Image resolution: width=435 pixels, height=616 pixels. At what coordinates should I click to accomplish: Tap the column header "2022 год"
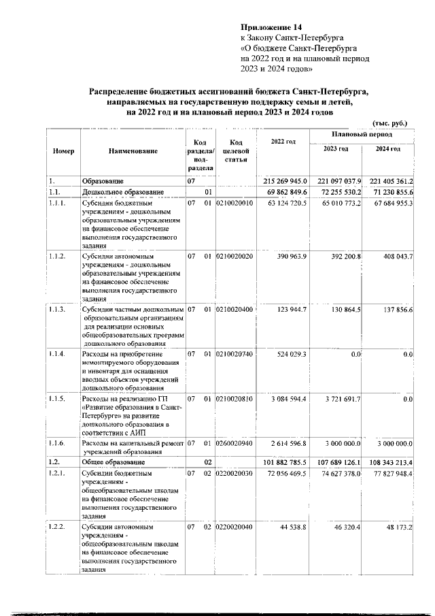pyautogui.click(x=283, y=141)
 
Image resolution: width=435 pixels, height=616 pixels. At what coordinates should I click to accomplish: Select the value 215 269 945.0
pyautogui.click(x=283, y=182)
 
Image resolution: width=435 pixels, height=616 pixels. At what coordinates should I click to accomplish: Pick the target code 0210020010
pyautogui.click(x=234, y=204)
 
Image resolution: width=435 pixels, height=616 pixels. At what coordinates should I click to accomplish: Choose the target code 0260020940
pyautogui.click(x=234, y=442)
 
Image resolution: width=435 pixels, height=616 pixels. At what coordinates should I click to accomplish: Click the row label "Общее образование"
pyautogui.click(x=114, y=461)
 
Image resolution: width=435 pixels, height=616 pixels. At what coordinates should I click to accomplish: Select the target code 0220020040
pyautogui.click(x=234, y=526)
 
